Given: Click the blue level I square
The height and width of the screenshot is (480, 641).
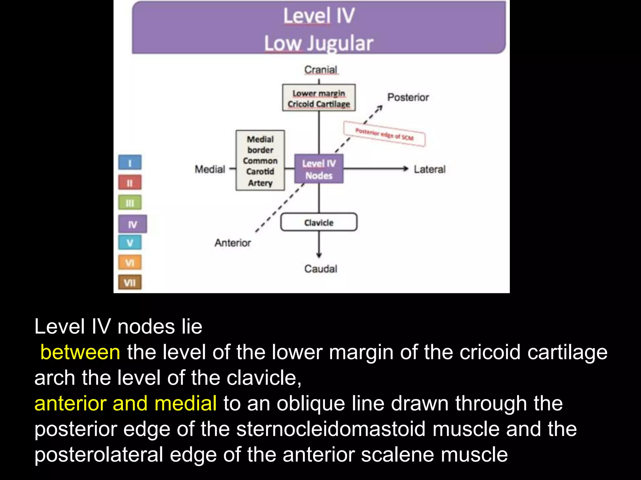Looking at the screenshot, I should click(130, 162).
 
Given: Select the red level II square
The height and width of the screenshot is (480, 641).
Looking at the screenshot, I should click(130, 182).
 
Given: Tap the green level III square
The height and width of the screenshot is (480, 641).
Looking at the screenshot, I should click(130, 203).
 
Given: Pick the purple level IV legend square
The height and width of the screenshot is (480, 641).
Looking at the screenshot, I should click(133, 224).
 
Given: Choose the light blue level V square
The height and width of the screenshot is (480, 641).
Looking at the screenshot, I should click(130, 242).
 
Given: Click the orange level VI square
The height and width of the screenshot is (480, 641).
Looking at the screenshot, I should click(130, 262).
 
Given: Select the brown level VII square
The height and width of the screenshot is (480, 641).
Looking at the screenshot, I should click(130, 282).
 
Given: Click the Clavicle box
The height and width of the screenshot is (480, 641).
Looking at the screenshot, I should click(319, 222).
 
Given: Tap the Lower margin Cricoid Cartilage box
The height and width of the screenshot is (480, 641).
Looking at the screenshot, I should click(319, 98).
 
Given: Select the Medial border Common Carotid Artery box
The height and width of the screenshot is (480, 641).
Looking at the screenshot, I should click(260, 161).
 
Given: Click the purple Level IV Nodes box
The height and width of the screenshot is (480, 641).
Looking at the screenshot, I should click(319, 169).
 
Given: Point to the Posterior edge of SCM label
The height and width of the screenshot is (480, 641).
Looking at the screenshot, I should click(384, 134).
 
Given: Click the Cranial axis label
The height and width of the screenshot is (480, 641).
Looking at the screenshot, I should click(321, 70).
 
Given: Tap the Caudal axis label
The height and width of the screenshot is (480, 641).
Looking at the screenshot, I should click(321, 269).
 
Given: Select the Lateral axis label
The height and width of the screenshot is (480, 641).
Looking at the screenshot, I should click(429, 169).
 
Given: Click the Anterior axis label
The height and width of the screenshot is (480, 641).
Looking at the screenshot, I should click(233, 243).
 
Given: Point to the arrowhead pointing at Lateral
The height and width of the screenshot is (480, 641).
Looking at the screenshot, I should click(406, 169).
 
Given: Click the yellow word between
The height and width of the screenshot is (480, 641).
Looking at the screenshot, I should click(80, 352).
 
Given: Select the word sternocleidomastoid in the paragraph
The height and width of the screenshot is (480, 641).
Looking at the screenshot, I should click(331, 429).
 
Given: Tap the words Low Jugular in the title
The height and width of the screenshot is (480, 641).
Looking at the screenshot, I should click(319, 43).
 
